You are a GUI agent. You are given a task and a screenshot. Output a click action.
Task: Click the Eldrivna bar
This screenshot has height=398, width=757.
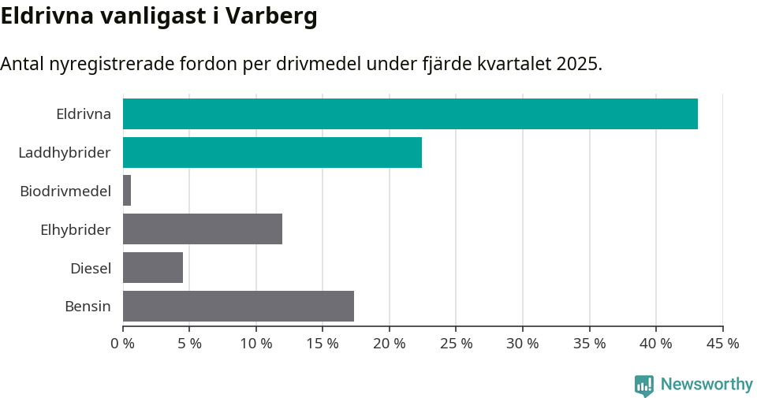(410, 113)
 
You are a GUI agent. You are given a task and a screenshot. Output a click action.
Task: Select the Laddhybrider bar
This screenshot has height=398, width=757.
(272, 152)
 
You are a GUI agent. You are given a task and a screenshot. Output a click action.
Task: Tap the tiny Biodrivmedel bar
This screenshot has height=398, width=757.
(127, 191)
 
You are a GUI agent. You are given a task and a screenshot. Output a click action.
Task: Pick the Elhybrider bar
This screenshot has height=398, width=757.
(203, 229)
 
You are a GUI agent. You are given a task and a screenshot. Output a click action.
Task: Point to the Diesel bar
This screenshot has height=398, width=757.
(153, 268)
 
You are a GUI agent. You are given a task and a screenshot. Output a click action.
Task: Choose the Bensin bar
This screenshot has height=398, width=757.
(238, 306)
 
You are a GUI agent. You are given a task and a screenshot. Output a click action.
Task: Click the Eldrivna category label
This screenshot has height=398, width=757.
(83, 114)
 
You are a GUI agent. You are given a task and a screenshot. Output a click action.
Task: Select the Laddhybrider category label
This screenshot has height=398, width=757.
(65, 152)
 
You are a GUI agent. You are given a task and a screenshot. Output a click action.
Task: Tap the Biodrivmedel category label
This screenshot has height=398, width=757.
(65, 191)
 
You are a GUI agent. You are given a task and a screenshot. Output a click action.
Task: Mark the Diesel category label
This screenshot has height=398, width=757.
(90, 269)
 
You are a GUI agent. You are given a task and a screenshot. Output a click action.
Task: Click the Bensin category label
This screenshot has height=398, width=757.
(88, 307)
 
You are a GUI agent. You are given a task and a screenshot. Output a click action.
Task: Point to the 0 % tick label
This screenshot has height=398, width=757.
(123, 344)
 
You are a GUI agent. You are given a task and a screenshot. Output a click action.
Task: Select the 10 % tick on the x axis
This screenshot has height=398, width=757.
(256, 344)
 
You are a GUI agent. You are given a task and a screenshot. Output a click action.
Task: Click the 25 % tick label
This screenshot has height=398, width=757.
(456, 344)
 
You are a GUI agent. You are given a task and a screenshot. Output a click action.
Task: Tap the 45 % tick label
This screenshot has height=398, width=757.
(722, 344)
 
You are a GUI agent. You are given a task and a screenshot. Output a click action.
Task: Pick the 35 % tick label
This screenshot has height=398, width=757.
(589, 344)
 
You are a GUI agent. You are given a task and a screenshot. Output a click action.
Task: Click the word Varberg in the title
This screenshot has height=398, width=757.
(271, 17)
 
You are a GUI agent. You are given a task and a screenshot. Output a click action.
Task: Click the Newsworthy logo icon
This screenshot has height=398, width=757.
(644, 385)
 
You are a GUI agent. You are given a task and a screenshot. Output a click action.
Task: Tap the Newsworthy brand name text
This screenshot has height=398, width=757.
(707, 385)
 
